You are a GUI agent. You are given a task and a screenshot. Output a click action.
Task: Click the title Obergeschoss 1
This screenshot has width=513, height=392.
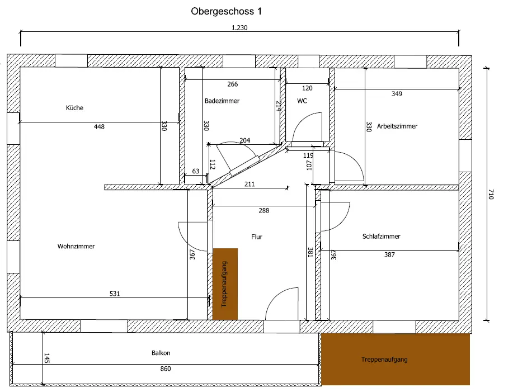click(226, 11)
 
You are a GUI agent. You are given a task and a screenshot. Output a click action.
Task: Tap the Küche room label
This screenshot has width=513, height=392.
click(74, 108)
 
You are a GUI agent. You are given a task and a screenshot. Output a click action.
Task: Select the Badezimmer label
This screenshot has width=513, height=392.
click(222, 101)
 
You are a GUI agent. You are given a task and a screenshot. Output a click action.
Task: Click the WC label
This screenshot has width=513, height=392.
click(302, 101)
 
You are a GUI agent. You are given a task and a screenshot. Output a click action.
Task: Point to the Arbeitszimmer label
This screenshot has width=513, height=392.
click(397, 126)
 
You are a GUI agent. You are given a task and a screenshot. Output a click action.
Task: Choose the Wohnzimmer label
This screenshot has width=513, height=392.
click(76, 246)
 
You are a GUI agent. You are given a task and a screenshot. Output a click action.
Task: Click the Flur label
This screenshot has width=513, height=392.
click(257, 237)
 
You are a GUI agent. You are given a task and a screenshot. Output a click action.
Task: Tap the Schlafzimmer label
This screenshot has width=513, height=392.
click(381, 237)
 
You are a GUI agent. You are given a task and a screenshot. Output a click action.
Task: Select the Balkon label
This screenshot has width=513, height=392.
click(161, 353)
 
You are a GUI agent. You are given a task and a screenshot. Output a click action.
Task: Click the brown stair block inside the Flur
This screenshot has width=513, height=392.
click(225, 284)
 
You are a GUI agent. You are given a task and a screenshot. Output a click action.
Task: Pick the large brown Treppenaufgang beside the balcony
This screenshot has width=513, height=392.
click(396, 360)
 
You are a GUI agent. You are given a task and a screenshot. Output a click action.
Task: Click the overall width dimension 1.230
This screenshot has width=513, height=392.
click(239, 27)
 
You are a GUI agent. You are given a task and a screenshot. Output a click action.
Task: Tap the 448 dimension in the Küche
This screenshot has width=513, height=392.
click(99, 127)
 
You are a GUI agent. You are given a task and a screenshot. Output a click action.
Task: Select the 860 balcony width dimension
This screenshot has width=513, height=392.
click(165, 369)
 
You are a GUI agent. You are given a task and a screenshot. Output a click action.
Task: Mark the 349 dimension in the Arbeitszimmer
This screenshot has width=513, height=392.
click(397, 94)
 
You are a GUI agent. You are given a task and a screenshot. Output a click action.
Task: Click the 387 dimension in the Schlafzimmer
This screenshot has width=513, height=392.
click(389, 255)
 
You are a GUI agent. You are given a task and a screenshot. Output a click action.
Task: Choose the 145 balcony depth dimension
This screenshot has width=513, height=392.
click(46, 358)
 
